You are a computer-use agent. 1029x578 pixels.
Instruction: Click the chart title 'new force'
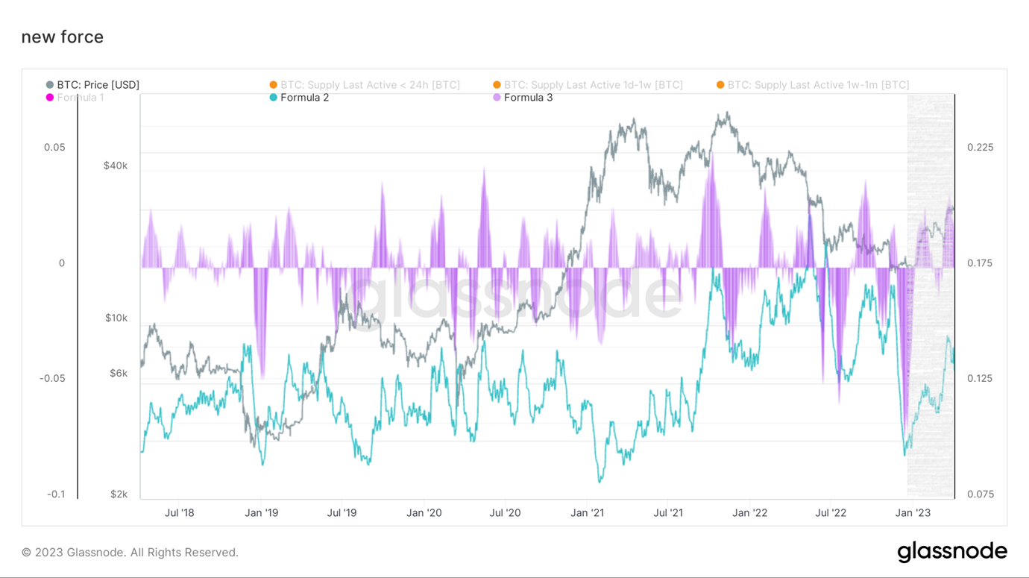click(x=63, y=37)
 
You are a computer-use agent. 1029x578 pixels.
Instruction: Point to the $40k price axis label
click(x=116, y=166)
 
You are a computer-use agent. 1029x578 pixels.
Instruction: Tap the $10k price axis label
click(x=116, y=318)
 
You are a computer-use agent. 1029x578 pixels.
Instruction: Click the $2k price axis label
click(x=119, y=494)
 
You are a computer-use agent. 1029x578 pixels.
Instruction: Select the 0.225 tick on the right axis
click(x=980, y=148)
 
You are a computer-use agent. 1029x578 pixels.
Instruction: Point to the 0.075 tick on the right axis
click(x=980, y=494)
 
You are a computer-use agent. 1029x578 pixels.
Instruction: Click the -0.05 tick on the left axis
click(x=52, y=378)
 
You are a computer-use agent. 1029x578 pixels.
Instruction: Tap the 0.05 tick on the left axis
click(x=54, y=148)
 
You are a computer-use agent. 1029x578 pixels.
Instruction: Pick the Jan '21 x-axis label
click(x=588, y=513)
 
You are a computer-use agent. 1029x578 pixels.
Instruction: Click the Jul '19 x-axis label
click(x=342, y=513)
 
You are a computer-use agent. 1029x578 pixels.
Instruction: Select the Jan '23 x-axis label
click(x=913, y=513)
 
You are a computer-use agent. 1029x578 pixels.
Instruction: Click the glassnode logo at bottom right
click(x=952, y=552)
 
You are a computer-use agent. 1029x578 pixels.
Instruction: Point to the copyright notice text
click(x=130, y=553)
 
